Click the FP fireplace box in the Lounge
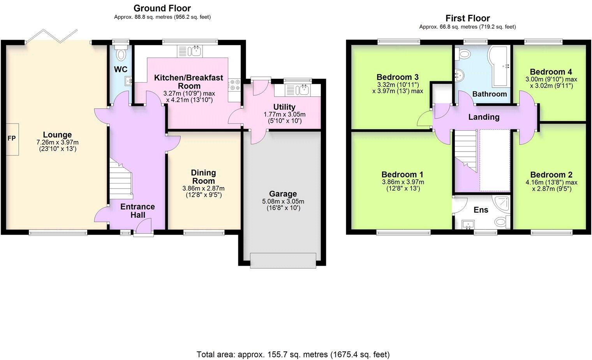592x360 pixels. pos(12,139)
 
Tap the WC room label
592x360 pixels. pos(121,70)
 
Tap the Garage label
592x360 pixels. pos(283,194)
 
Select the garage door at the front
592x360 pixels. pos(283,260)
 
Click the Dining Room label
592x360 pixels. pos(203,177)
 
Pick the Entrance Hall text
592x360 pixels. pos(137,211)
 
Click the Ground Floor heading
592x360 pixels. pos(162,8)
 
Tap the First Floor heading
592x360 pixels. pos(467,18)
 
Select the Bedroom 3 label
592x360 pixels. pos(397,77)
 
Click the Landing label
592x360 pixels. pos(484,117)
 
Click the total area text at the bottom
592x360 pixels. pos(293,355)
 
